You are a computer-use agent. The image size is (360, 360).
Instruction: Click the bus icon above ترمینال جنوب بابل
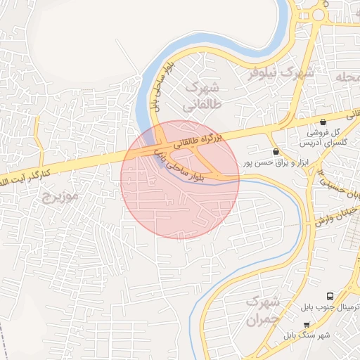[x=330, y=297]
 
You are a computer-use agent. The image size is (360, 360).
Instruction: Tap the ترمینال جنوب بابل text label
[x=330, y=308]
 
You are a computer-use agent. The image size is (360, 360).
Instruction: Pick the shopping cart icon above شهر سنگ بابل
[x=306, y=324]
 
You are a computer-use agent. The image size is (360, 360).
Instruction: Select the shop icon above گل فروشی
[x=323, y=122]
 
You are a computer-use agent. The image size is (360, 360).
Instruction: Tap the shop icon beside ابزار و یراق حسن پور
[x=276, y=151]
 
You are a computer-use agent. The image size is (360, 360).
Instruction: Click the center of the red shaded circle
[x=180, y=180]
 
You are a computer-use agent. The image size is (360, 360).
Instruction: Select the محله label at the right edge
[x=347, y=76]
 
